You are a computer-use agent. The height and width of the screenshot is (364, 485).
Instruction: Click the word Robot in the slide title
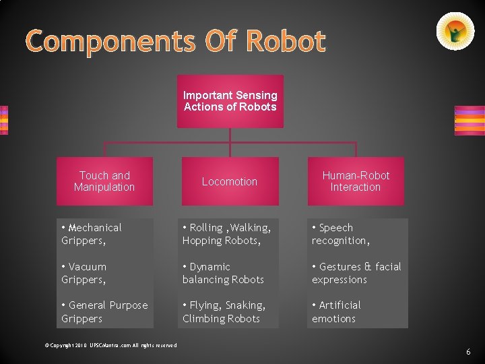(286, 42)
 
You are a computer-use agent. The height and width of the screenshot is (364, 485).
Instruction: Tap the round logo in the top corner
(455, 32)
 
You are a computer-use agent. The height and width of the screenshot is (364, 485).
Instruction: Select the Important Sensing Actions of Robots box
(230, 101)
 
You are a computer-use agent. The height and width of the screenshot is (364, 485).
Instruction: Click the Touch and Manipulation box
(104, 181)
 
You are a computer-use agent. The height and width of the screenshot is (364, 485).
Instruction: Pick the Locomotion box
(230, 181)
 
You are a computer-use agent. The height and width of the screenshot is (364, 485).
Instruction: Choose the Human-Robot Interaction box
(356, 181)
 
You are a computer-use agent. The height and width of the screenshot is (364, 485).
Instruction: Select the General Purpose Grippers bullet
(104, 311)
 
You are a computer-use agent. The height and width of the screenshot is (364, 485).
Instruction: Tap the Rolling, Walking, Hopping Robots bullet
(226, 234)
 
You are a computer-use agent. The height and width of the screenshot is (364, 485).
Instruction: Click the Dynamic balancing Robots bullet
(223, 273)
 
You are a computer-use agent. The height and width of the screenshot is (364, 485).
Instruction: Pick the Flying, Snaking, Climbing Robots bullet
(224, 311)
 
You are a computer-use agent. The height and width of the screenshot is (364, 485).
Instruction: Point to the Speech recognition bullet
(340, 234)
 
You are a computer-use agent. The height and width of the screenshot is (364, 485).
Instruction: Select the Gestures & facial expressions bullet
(356, 273)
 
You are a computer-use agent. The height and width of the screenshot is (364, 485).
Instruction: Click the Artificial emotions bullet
(336, 311)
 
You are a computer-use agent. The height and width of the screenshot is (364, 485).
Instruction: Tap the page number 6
(469, 353)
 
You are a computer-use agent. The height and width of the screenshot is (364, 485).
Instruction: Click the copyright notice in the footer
(110, 345)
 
